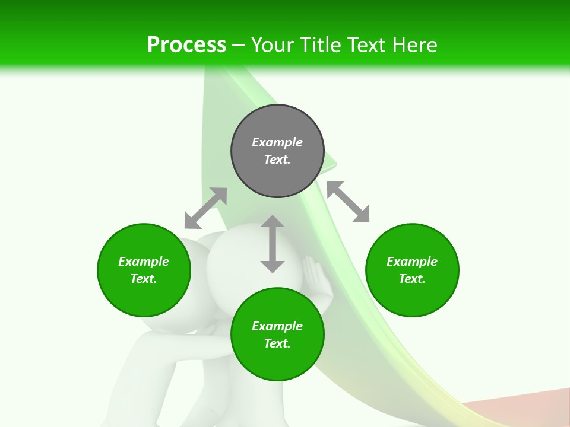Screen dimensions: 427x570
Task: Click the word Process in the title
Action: coord(186,45)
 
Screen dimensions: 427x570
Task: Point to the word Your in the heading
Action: coord(273,45)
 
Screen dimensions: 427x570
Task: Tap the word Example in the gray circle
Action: coord(277,142)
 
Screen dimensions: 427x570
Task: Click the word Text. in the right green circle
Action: coord(412,279)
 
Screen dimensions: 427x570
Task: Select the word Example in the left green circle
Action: coord(144,262)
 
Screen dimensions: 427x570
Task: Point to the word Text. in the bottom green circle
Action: coord(277,343)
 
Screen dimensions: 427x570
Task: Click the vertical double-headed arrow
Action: coord(273,244)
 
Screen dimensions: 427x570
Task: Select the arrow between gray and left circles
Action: coord(205,208)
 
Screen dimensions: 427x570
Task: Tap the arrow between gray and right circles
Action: coord(348,202)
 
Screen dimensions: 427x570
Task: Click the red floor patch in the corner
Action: coord(522,409)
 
